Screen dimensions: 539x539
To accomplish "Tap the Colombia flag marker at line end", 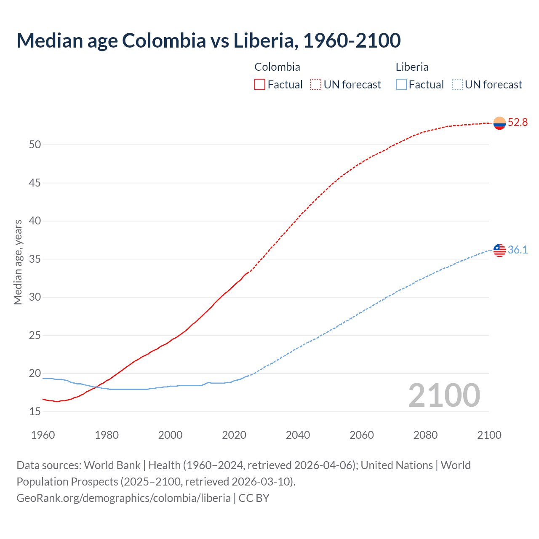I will point(499,123).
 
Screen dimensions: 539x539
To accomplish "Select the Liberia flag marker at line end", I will point(499,250).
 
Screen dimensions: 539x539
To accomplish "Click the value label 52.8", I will point(518,123).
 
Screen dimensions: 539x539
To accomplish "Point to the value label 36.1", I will point(518,250).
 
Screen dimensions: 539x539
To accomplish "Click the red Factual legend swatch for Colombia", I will point(260,85).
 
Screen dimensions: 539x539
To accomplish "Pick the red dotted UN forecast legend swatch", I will point(316,85).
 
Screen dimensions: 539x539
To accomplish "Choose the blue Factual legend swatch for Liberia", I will point(401,85).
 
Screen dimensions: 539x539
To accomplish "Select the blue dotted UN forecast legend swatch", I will point(457,85).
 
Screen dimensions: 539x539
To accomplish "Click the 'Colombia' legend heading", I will point(277,67).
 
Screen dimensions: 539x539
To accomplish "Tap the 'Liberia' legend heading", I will point(412,67).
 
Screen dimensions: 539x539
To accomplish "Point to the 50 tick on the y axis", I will point(35,145).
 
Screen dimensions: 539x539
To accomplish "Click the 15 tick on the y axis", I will point(35,412).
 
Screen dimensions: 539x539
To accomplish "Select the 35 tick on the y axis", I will point(35,259).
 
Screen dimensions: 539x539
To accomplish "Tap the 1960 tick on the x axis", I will point(43,435).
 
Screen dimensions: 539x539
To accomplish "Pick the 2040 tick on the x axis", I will point(298,435).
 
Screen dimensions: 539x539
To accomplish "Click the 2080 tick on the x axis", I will point(425,435).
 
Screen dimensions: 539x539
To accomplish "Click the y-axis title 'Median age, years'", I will point(18,262).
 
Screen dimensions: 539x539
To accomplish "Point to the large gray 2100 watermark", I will point(444,395).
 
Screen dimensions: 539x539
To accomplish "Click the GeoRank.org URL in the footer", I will point(123,498).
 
